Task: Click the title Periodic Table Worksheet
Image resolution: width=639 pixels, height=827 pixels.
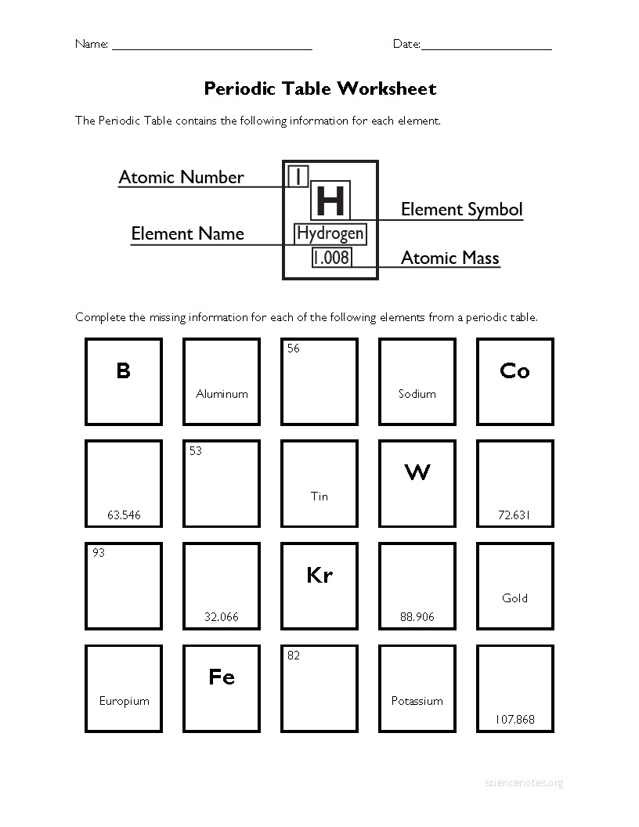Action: pos(319,88)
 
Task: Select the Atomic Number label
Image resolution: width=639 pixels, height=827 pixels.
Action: pos(181,177)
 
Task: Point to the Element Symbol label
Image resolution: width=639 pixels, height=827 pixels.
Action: pos(461,209)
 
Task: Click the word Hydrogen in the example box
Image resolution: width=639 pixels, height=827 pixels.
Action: pos(330,233)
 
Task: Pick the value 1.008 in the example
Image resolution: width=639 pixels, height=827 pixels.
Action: pos(331,257)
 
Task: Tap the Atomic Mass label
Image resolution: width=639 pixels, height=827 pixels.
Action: pos(449,258)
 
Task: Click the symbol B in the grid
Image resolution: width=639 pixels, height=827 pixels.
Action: pos(123,370)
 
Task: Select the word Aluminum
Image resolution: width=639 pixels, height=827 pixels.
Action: pos(222,394)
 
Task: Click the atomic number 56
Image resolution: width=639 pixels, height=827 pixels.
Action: pos(293,348)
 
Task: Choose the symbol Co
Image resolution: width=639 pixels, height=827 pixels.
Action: pos(514,371)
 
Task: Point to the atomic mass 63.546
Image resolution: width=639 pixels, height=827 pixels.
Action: pos(124,515)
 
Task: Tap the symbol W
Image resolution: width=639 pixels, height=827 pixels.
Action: pos(417,472)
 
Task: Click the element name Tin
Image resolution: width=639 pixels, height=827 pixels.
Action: pos(319,496)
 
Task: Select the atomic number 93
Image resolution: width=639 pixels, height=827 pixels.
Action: pos(98,553)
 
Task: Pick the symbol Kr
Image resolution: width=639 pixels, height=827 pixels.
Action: pos(319,576)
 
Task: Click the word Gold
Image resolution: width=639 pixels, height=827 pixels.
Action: pos(514,598)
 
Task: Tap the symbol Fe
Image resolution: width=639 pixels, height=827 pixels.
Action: pos(222,677)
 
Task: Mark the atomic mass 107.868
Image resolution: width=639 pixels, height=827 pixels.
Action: pos(514,719)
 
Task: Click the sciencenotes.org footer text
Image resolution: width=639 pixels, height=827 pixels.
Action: pos(524,782)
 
